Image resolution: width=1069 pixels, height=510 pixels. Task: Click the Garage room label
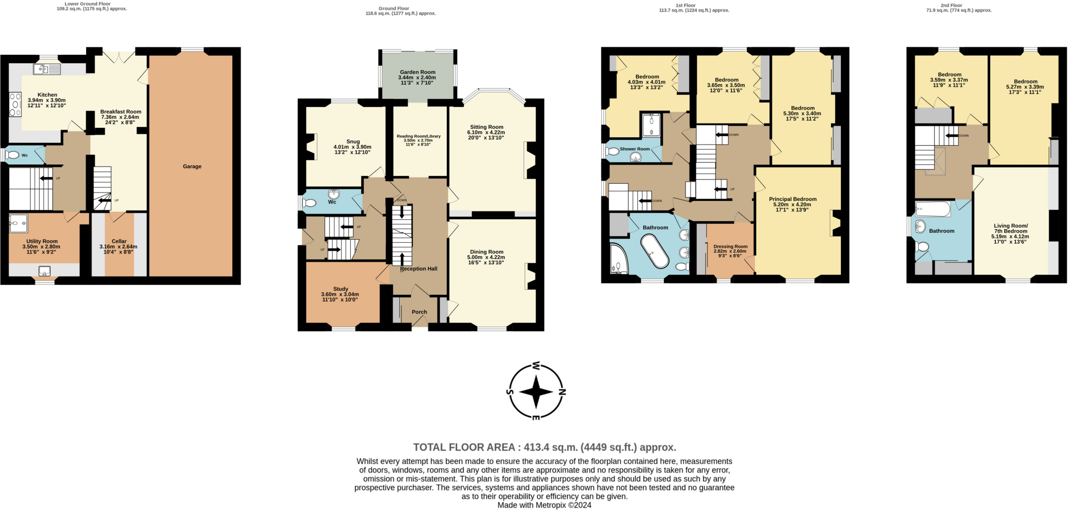(x=192, y=167)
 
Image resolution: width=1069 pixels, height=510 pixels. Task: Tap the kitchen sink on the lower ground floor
(x=47, y=69)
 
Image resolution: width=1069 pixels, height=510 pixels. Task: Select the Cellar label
(x=119, y=241)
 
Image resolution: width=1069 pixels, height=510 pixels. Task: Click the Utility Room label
(x=42, y=241)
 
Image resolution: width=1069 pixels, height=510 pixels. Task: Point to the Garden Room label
(x=417, y=72)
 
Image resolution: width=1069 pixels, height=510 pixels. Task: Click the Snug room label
(x=353, y=141)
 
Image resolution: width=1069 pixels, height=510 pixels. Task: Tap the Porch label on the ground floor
(x=419, y=312)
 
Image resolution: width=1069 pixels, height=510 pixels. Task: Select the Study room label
(x=341, y=289)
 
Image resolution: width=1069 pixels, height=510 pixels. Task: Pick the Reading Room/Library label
(x=419, y=136)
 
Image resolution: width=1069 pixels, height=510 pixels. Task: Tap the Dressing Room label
(x=730, y=246)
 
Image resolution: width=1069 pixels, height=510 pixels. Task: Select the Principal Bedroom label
(x=792, y=199)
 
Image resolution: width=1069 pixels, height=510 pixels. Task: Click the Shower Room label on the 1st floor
(x=635, y=149)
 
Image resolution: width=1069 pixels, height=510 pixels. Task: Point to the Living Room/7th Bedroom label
(x=1011, y=229)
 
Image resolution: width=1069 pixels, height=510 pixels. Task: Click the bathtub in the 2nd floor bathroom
(x=933, y=209)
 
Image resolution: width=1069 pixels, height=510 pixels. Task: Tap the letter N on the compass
(x=562, y=392)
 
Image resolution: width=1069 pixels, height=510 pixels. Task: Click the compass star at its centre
(x=536, y=392)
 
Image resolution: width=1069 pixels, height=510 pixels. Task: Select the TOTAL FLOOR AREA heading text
(x=544, y=447)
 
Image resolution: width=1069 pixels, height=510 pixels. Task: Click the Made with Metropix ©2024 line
(x=544, y=505)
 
